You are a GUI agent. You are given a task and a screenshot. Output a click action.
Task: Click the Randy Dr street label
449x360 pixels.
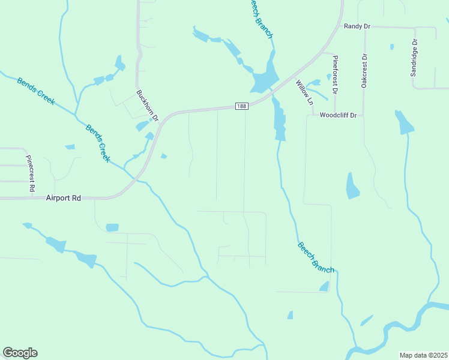point(357,26)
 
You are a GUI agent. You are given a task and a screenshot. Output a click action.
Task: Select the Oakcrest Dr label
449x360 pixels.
point(364,71)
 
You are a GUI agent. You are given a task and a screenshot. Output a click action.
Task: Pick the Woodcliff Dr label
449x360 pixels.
point(338,115)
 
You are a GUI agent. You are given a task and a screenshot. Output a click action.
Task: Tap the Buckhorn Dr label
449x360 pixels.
point(147,106)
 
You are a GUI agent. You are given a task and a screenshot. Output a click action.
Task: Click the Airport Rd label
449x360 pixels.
point(63,197)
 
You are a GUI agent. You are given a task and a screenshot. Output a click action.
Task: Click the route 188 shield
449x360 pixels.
point(241,106)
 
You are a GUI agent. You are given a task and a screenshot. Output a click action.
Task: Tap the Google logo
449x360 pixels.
point(20,352)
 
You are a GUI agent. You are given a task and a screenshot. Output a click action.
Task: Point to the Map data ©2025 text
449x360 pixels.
point(423,355)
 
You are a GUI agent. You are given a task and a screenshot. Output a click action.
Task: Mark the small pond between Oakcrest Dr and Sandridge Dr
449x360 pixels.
point(392,46)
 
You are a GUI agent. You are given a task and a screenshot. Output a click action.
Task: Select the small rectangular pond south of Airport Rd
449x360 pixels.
point(112,227)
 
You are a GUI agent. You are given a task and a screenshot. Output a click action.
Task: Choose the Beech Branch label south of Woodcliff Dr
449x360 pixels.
point(315,257)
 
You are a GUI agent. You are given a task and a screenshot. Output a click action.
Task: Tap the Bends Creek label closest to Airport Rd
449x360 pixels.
point(98,143)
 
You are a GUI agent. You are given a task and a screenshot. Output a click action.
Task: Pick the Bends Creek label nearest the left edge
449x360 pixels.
point(35,91)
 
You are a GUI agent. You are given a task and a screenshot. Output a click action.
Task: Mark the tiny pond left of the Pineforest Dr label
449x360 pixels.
point(328,77)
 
